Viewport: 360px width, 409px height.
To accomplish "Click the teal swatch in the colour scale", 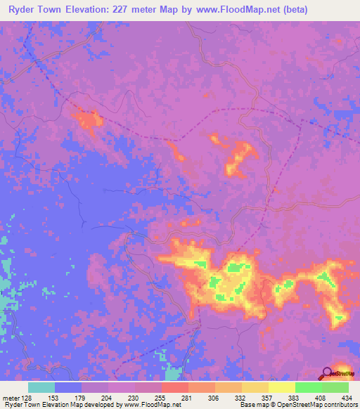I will pos(41,387).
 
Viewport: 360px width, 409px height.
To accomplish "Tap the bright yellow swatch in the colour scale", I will pos(282,387).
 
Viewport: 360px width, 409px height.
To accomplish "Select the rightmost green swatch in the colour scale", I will pos(335,387).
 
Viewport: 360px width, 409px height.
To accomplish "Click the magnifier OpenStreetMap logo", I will pos(328,373).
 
